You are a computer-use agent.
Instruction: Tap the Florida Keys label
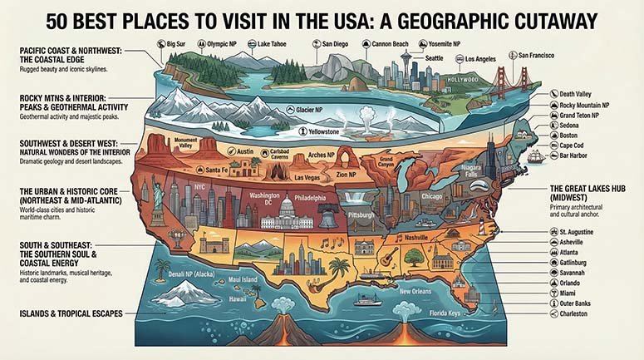click(x=445, y=314)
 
